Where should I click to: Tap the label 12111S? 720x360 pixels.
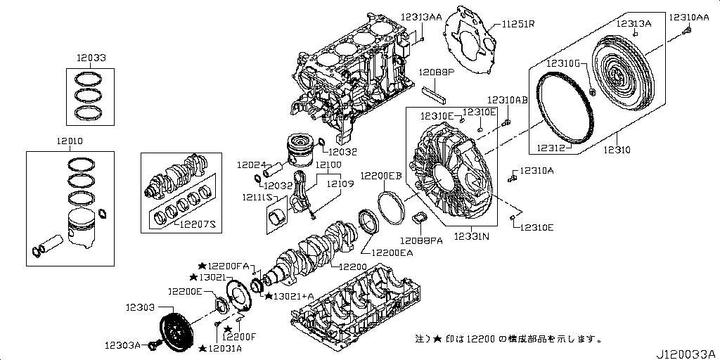[x=258, y=198]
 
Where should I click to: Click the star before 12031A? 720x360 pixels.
[x=202, y=348]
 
